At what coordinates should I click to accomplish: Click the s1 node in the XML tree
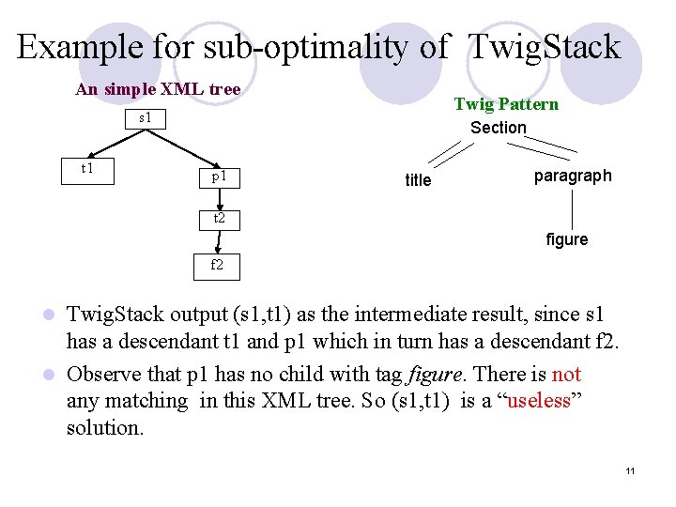click(x=146, y=119)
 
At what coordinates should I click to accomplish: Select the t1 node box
click(x=87, y=169)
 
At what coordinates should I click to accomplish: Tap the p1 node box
click(x=218, y=177)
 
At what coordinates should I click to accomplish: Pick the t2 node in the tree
click(x=218, y=219)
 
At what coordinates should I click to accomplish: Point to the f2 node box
click(x=217, y=265)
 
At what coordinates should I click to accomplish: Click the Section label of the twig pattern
click(x=499, y=128)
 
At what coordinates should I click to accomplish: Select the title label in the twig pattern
click(x=418, y=180)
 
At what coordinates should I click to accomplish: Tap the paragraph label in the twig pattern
click(x=573, y=176)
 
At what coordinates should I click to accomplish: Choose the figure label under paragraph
click(x=567, y=239)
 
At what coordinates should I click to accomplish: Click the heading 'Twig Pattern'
click(x=506, y=104)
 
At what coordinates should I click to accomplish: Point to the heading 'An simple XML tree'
click(x=158, y=89)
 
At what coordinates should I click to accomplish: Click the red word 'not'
click(x=566, y=375)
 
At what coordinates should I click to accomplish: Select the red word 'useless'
click(x=545, y=401)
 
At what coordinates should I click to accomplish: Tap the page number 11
click(x=630, y=469)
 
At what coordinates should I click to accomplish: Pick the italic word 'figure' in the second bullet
click(x=435, y=375)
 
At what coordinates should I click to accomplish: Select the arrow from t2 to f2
click(x=218, y=241)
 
